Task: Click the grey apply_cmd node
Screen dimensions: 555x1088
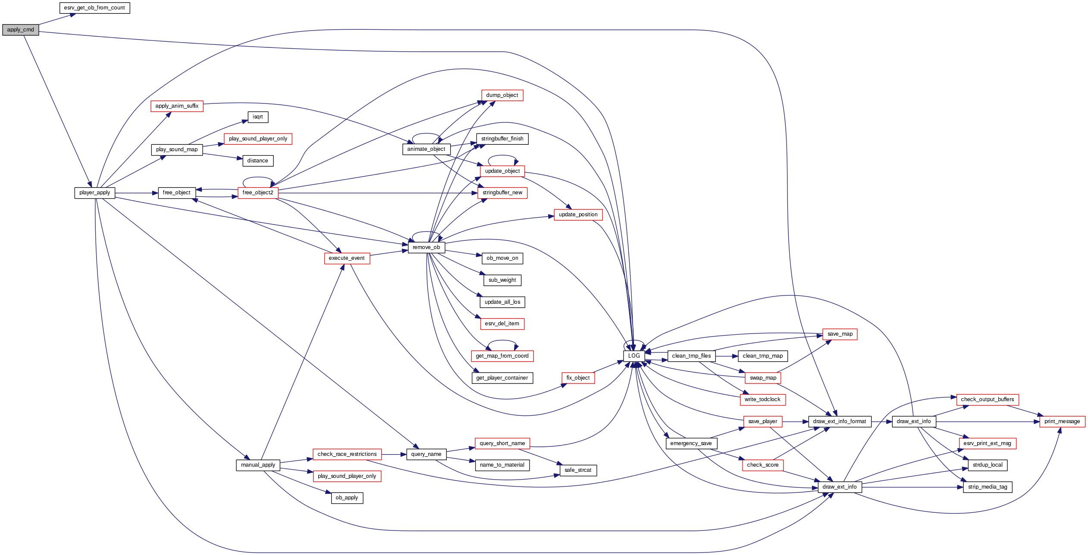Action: (x=20, y=30)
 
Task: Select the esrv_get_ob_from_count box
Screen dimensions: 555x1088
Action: (x=94, y=8)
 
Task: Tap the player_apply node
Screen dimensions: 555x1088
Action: (x=94, y=193)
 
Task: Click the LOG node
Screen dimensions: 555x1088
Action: (x=634, y=356)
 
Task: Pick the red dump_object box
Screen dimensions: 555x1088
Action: (x=502, y=95)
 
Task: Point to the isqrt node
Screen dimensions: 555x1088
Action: (x=258, y=117)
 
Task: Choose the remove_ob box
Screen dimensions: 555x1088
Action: (x=426, y=247)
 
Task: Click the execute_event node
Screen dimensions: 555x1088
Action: (x=347, y=258)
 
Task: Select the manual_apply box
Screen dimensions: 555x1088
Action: (x=258, y=465)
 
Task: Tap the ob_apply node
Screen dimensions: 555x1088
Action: (x=347, y=498)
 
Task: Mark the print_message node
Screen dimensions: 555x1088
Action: (x=1062, y=421)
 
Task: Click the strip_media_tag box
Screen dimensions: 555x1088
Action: (x=988, y=487)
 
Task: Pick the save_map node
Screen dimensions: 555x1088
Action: (x=840, y=334)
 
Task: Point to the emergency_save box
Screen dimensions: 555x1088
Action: (x=691, y=443)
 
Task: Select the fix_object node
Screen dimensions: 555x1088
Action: (x=578, y=378)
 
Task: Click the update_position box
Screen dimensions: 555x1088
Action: (x=578, y=215)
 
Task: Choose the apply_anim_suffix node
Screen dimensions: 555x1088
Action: (x=177, y=106)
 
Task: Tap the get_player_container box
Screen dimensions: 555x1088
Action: (x=502, y=378)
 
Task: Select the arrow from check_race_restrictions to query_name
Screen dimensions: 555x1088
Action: (x=394, y=454)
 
